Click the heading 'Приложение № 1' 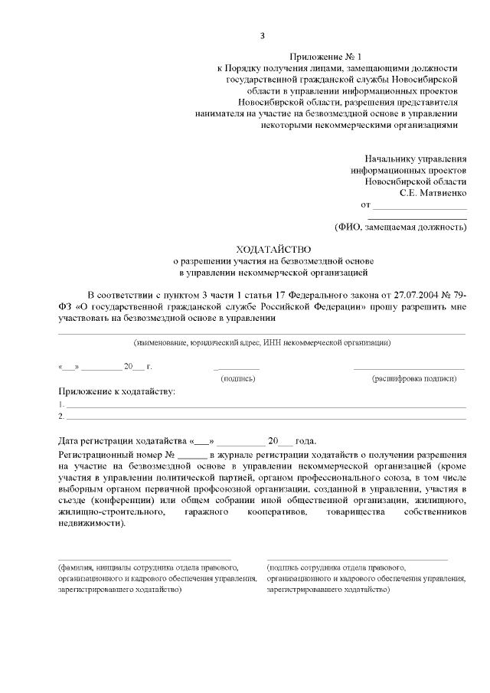pos(325,57)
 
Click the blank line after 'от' pos(420,208)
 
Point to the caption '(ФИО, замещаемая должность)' pos(400,227)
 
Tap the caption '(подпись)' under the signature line pos(237,378)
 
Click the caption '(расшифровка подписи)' pos(414,378)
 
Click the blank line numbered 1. pos(265,406)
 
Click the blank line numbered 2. pos(265,418)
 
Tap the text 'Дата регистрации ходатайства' pos(122,442)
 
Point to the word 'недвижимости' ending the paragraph pos(89,523)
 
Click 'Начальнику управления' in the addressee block pos(415,158)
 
